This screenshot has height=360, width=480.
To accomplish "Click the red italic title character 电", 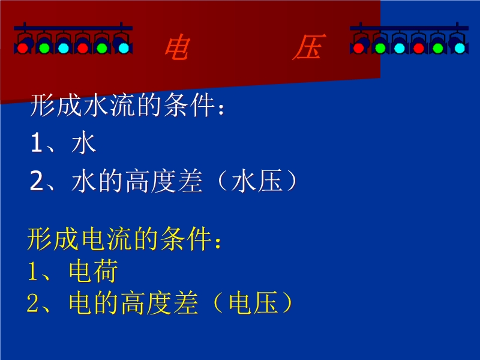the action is [x=177, y=47].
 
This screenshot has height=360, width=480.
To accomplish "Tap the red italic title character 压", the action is [x=308, y=47].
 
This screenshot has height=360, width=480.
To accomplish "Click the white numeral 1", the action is [x=36, y=143].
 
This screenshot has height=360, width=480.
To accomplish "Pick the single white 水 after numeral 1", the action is [x=84, y=143].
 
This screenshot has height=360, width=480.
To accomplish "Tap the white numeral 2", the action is [x=37, y=181].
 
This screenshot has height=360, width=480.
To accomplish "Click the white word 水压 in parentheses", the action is [x=257, y=181].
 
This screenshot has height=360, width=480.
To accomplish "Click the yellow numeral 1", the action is [x=33, y=271].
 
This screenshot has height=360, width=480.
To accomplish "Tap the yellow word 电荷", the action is [x=94, y=271].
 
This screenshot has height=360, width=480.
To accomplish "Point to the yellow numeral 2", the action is [x=33, y=303].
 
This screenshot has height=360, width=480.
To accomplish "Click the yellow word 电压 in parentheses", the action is [x=253, y=303].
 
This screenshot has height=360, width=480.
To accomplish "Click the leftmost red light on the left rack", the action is [x=22, y=48].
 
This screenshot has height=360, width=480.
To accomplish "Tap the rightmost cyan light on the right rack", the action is [x=460, y=48].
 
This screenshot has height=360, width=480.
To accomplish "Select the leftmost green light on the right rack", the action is [x=380, y=48].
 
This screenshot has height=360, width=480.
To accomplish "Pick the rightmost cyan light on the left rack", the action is [x=124, y=48].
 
